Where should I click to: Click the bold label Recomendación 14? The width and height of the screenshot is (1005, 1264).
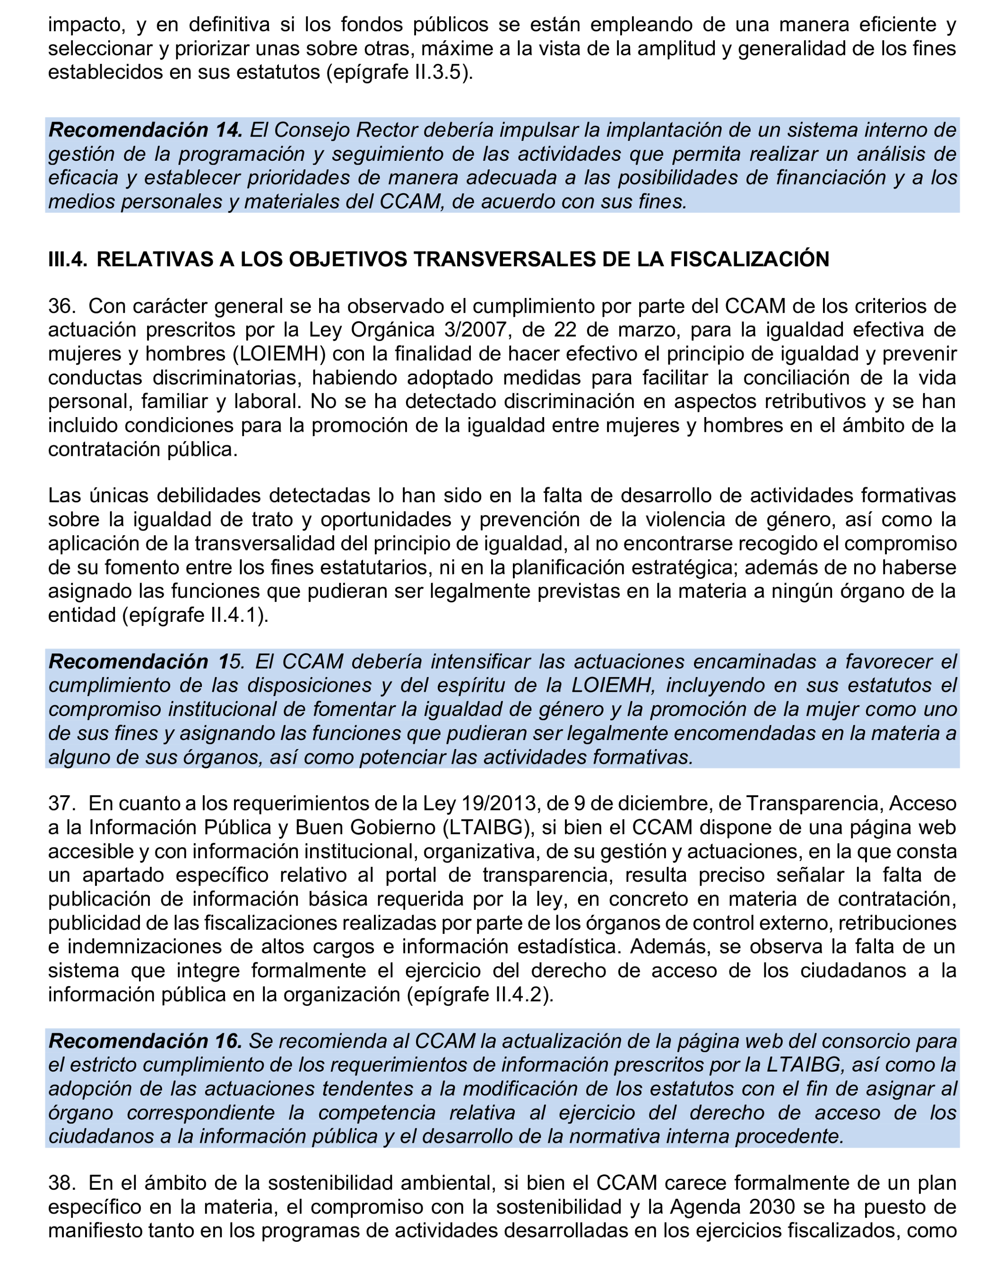pyautogui.click(x=145, y=130)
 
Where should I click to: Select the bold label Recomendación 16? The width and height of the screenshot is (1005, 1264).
pyautogui.click(x=145, y=1041)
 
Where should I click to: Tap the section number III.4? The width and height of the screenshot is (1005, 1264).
pyautogui.click(x=68, y=259)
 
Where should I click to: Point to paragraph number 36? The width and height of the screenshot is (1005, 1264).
pyautogui.click(x=61, y=306)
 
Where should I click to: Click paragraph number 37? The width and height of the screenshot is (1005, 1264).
pyautogui.click(x=61, y=803)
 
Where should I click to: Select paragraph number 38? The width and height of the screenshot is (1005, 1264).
pyautogui.click(x=61, y=1183)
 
